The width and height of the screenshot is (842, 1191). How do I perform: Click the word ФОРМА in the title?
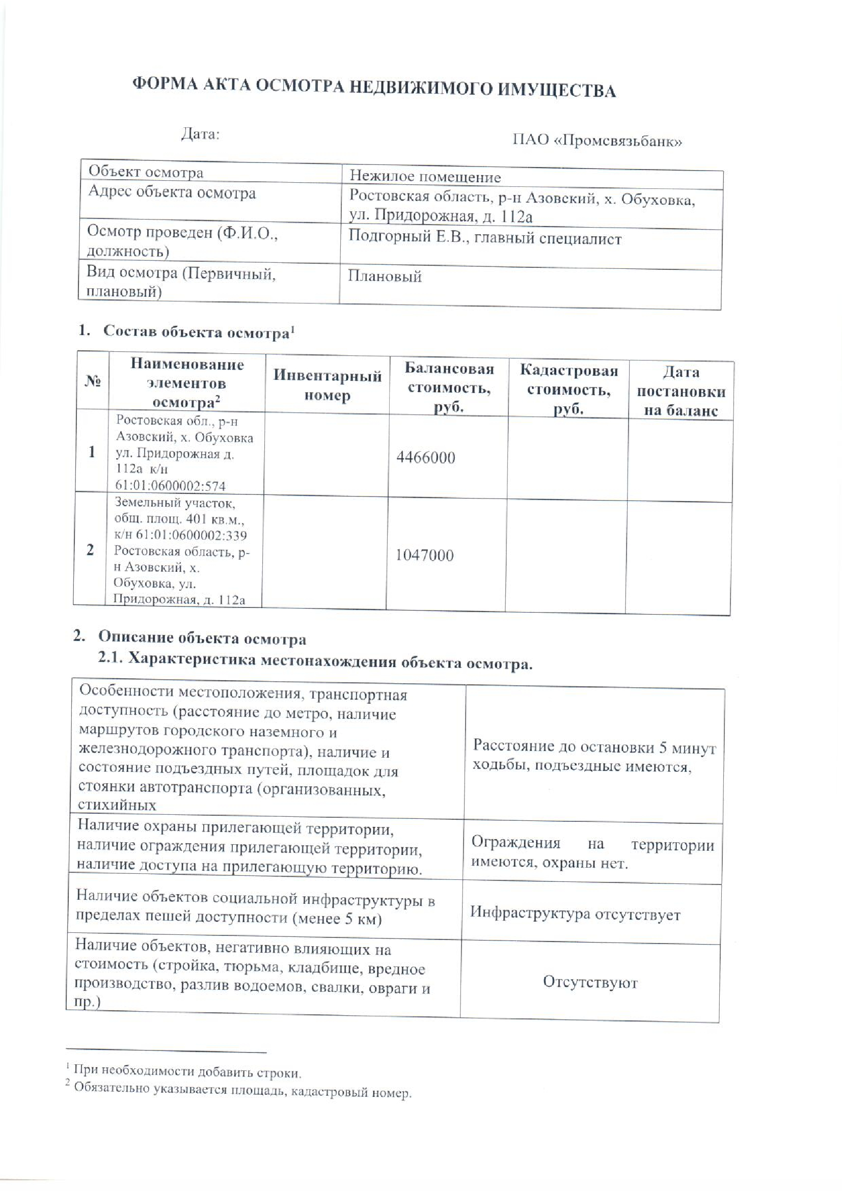coord(164,84)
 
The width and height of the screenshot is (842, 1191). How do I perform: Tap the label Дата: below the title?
coord(200,134)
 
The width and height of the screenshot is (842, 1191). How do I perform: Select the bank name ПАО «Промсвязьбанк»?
coord(597,141)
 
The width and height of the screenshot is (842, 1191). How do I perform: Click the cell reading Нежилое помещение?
coord(425,177)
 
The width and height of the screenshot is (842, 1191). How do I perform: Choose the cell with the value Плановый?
coord(385,276)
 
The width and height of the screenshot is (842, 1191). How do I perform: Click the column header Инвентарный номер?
coord(327,385)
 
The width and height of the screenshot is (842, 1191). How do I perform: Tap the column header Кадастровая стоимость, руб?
coord(568,390)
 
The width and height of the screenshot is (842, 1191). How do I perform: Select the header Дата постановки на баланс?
coord(681,391)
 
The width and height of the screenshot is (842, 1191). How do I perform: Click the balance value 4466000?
coord(425,458)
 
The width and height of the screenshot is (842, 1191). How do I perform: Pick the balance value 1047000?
coord(424,556)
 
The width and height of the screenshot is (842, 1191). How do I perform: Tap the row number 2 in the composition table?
coord(90,549)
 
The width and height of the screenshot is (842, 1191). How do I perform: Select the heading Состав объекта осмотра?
coord(196,332)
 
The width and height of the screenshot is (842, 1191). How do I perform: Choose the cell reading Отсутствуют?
coord(590,982)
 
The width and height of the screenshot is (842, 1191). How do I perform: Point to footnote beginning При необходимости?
coord(187,1071)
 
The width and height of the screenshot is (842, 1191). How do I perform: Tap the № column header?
coord(92,382)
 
